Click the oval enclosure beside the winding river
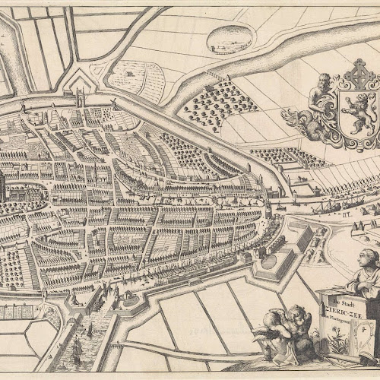(x=229, y=38)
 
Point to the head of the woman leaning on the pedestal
(x=369, y=258)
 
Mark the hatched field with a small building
(x=137, y=76)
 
